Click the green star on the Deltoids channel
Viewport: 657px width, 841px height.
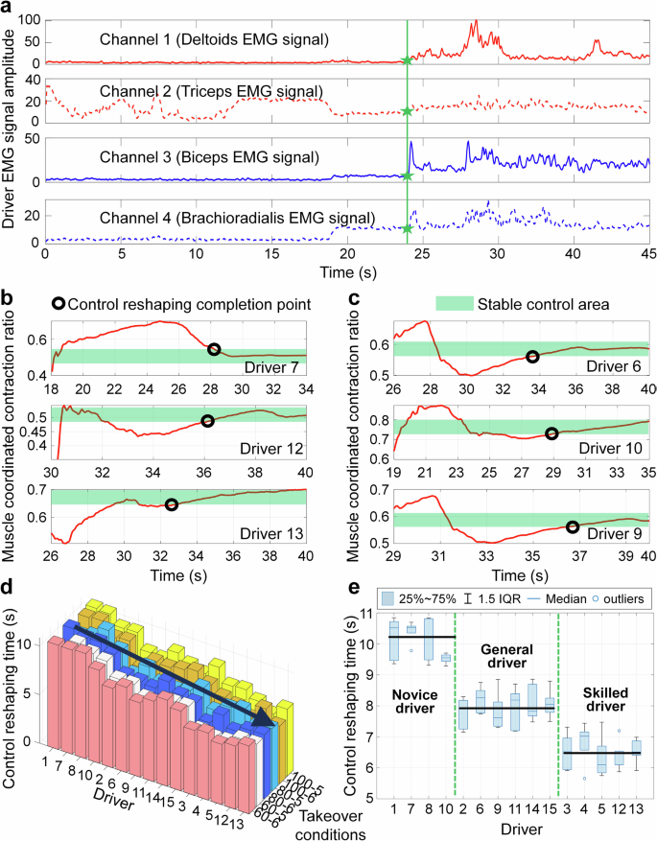[x=408, y=60]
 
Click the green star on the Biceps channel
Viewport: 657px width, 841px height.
[x=408, y=175]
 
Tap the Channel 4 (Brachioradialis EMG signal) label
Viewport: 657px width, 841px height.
[x=241, y=218]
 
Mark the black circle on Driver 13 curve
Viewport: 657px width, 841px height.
[x=172, y=505]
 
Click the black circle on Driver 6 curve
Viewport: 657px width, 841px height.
[x=533, y=357]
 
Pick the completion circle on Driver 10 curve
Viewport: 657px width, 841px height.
[x=551, y=433]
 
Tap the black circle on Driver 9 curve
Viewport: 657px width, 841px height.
[x=574, y=526]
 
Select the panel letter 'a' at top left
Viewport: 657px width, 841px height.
[x=9, y=9]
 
